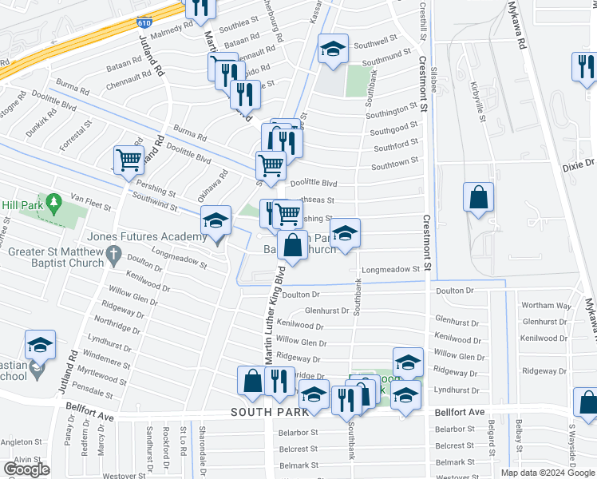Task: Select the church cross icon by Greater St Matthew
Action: pos(113,257)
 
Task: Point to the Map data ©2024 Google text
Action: pos(548,473)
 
